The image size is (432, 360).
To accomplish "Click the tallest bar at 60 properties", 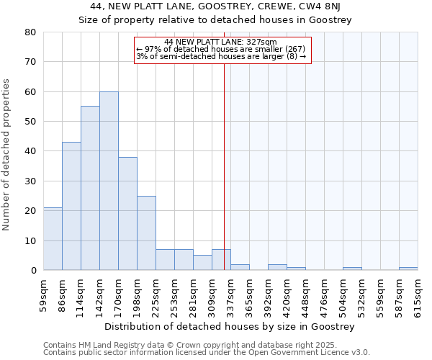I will click(109, 181).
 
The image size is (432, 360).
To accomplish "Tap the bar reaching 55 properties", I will click(90, 188).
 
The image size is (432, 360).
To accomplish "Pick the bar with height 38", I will click(127, 213).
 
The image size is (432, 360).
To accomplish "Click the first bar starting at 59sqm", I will click(53, 238).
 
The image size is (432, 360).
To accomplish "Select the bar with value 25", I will click(146, 233).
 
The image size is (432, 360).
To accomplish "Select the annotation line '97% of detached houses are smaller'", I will click(222, 49).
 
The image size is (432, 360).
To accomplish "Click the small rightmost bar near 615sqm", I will click(408, 269).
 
